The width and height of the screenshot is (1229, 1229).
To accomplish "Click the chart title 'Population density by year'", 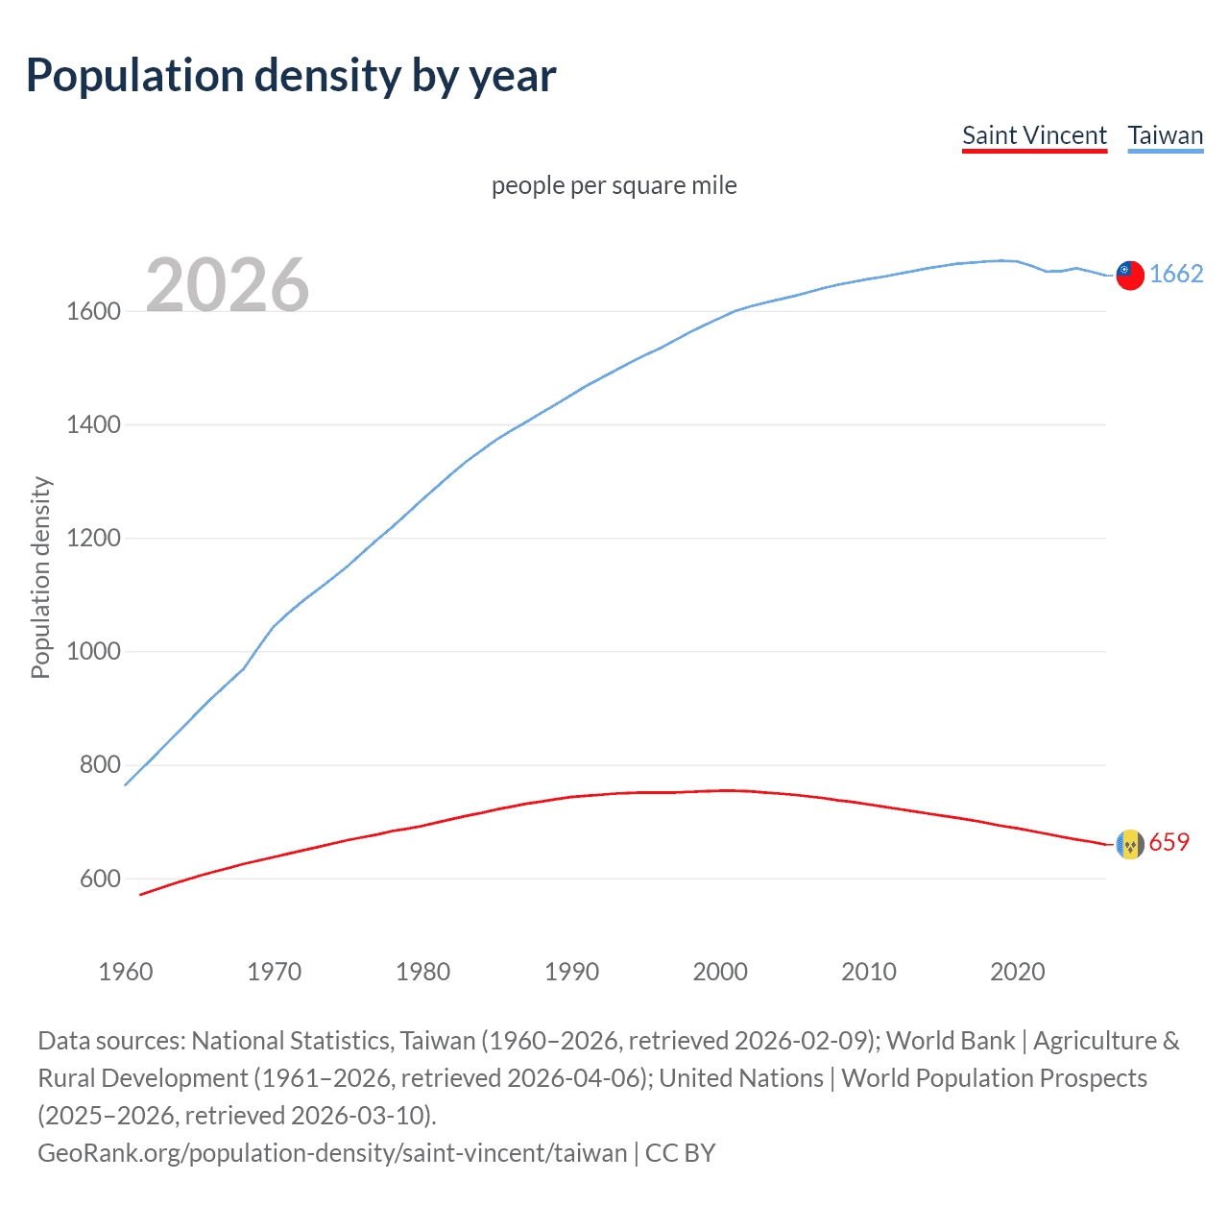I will (291, 76).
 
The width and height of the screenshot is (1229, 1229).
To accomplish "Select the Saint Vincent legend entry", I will (1034, 135).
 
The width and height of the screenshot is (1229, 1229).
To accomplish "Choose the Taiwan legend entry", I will (1165, 135).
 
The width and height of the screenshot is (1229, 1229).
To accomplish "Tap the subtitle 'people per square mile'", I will (614, 185).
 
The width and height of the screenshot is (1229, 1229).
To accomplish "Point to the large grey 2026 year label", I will (228, 285).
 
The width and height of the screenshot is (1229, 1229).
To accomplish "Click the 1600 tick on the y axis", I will (93, 311).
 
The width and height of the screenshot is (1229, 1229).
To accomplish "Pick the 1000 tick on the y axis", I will (93, 652).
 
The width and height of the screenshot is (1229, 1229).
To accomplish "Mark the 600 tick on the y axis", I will (100, 879).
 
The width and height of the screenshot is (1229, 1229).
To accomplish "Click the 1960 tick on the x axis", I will (126, 972).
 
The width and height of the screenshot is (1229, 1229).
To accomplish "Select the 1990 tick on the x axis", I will (571, 972).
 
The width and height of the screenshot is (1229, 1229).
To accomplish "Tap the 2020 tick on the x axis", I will (1017, 972).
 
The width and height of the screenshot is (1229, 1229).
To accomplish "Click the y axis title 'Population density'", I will (40, 578).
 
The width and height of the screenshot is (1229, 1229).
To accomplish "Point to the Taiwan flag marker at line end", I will (1130, 275).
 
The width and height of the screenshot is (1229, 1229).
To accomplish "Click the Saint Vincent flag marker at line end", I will (1130, 844).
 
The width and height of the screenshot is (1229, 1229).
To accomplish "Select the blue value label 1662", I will (1175, 275).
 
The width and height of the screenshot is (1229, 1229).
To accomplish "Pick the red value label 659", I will (1169, 843).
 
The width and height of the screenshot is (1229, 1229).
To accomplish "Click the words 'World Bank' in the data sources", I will (950, 1041).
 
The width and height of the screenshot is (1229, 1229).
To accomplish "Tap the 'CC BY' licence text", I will (680, 1153).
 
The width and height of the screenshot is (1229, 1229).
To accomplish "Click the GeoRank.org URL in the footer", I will (331, 1153).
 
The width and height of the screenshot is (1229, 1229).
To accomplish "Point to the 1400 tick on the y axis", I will (93, 424).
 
